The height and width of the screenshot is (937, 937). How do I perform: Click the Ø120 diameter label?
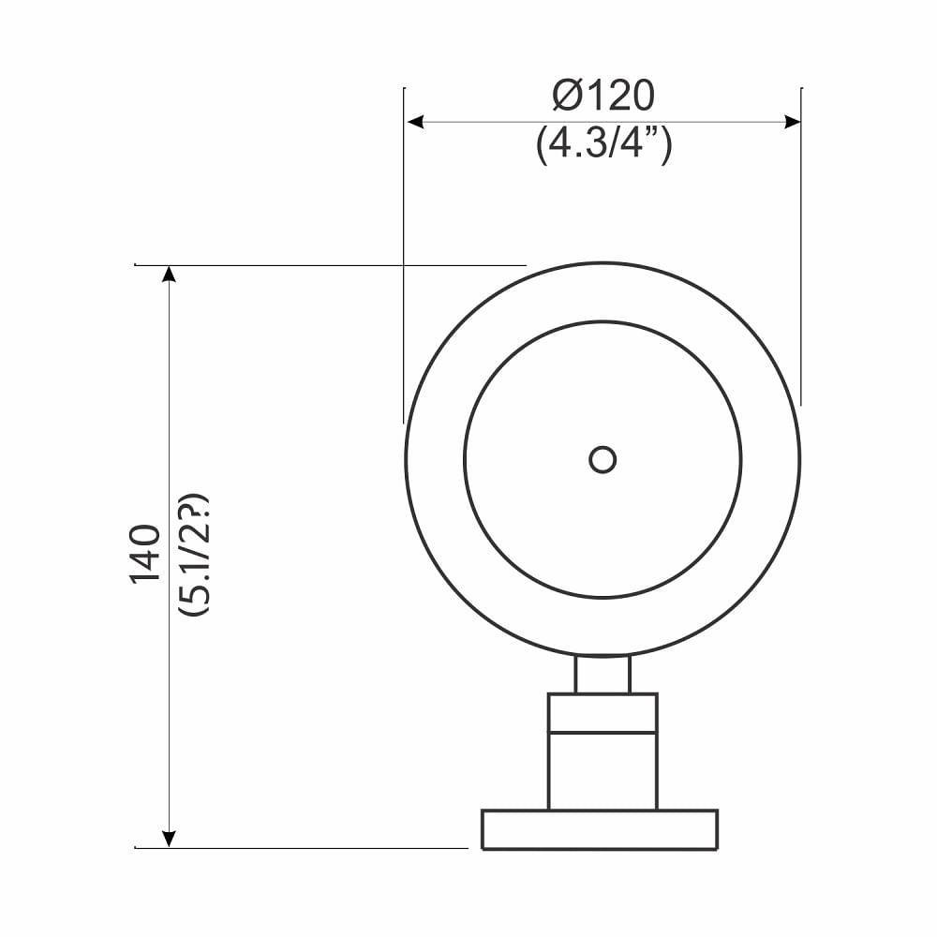602,96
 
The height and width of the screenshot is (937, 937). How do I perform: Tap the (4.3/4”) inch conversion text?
603,146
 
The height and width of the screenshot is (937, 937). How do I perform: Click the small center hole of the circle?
602,459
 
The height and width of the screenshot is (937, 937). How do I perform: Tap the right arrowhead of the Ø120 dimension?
793,122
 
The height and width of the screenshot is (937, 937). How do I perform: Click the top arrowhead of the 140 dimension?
169,274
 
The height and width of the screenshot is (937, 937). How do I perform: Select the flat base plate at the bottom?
600,829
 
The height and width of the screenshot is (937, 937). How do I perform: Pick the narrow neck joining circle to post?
602,675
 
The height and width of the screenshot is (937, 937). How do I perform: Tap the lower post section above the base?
602,770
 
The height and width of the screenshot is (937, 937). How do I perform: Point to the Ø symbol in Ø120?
565,96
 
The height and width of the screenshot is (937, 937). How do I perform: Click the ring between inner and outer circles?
436,459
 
